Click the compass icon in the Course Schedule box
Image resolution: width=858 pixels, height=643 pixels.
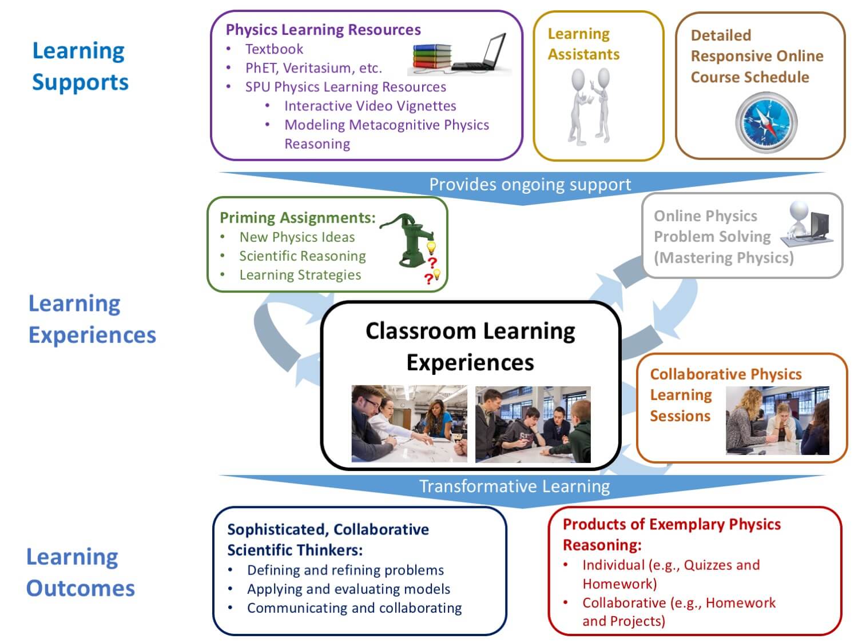pyautogui.click(x=766, y=122)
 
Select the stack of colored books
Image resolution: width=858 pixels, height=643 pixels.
pyautogui.click(x=432, y=57)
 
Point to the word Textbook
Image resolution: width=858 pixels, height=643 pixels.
pyautogui.click(x=274, y=49)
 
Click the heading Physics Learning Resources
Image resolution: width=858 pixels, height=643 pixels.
pyautogui.click(x=323, y=30)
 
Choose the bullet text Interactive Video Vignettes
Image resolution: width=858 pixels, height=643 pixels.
pyautogui.click(x=370, y=106)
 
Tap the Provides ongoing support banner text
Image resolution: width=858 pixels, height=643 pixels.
pyautogui.click(x=530, y=184)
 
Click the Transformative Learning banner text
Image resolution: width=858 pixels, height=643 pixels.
pyautogui.click(x=514, y=486)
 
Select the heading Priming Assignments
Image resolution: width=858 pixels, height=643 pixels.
pyautogui.click(x=297, y=217)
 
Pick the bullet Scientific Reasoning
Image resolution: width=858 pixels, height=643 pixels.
pyautogui.click(x=303, y=256)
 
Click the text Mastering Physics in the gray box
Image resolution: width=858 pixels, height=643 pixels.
pyautogui.click(x=724, y=258)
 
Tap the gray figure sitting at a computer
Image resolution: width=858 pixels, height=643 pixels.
pyautogui.click(x=807, y=224)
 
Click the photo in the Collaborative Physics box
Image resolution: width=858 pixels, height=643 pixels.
pyautogui.click(x=777, y=421)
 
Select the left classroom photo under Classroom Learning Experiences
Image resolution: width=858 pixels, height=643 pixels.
pyautogui.click(x=409, y=424)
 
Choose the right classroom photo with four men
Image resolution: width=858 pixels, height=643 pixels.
pyautogui.click(x=533, y=424)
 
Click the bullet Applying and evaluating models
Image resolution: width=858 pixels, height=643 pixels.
pyautogui.click(x=349, y=589)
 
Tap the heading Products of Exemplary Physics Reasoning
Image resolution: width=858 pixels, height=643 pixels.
pyautogui.click(x=672, y=534)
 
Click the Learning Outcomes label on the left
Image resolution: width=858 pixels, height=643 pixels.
pyautogui.click(x=80, y=573)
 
